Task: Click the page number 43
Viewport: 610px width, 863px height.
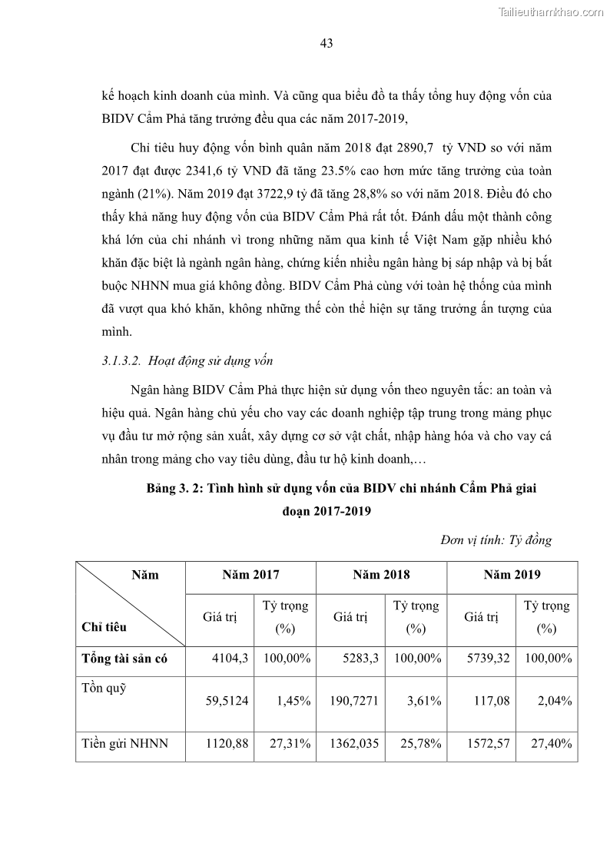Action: click(x=326, y=44)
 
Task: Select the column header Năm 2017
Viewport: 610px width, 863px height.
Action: click(x=250, y=575)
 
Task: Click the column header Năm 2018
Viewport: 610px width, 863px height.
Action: click(x=381, y=575)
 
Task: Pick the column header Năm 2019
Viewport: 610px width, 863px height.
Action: click(x=512, y=575)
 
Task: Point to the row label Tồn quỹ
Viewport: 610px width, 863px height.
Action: click(x=104, y=688)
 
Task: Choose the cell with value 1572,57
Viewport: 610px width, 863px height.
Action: click(x=489, y=743)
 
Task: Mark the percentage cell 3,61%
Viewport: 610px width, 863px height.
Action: click(x=424, y=701)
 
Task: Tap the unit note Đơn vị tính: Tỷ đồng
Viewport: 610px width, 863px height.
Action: click(x=496, y=540)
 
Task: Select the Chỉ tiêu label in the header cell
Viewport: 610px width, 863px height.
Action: click(x=104, y=627)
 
